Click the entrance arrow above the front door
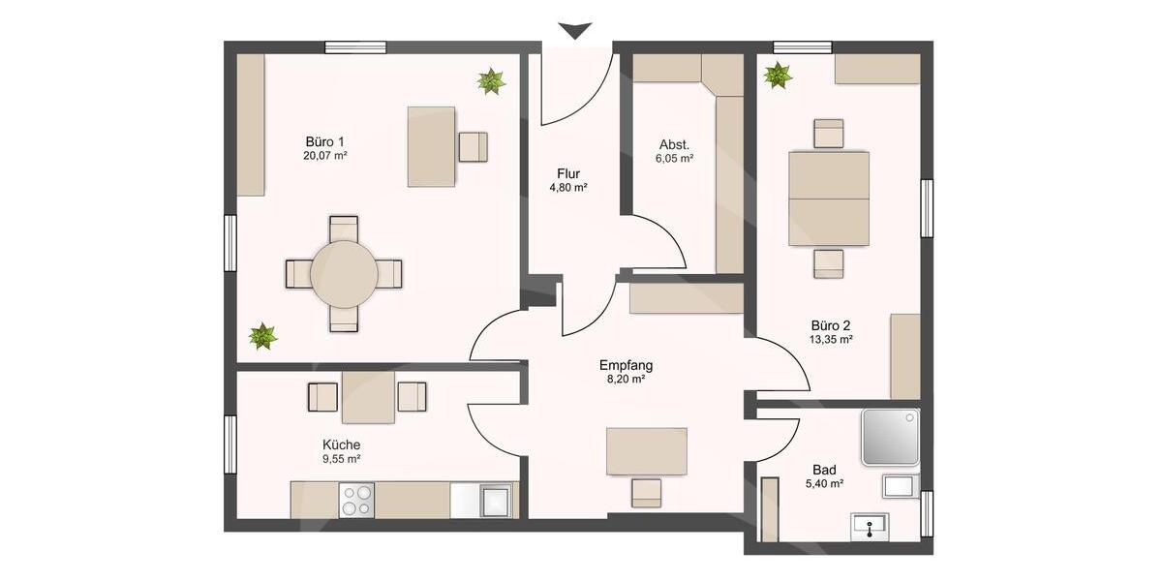(575, 31)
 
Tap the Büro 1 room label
(324, 139)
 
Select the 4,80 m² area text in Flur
(568, 188)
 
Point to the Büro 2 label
(831, 325)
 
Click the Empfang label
(626, 365)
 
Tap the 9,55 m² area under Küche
(342, 460)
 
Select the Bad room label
(823, 468)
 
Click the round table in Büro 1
(344, 274)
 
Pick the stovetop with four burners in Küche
(356, 500)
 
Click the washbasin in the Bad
(873, 526)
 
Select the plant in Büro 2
(778, 75)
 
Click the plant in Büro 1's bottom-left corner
(262, 336)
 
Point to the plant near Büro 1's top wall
(491, 81)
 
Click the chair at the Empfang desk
(646, 492)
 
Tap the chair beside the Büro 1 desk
(474, 146)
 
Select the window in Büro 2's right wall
(927, 207)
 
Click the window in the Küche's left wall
(230, 444)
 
